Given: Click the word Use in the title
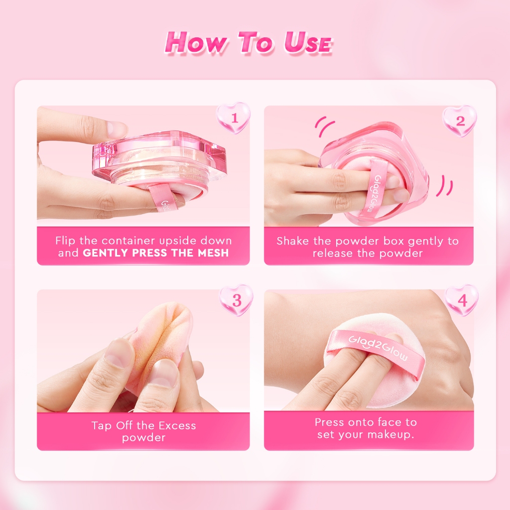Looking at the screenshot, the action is click(307, 42).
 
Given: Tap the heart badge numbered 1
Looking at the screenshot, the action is click(233, 118).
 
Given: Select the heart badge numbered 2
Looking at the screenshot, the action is click(459, 121).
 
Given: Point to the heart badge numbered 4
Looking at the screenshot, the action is click(462, 300).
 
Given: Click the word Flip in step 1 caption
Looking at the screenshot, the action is click(65, 241).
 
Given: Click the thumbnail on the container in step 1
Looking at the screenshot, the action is click(116, 128).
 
